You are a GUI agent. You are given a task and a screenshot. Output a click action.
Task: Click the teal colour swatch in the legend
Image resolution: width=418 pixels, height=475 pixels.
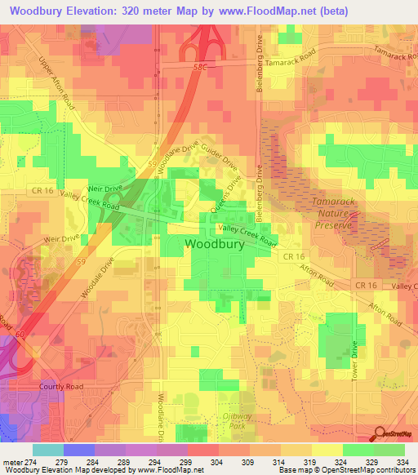click(x=48, y=450)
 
